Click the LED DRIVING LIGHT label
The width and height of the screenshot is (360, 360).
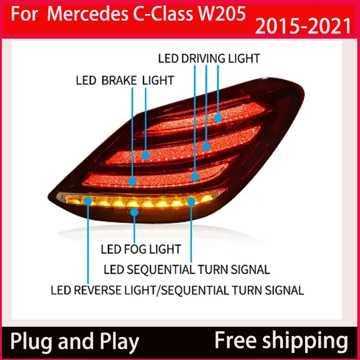209,58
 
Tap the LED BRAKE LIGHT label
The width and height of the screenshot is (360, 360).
125,81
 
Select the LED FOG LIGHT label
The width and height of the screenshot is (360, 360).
140,248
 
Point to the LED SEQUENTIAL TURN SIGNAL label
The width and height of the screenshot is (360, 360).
186,270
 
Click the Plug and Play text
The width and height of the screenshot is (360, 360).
75,342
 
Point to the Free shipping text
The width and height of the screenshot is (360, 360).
281,341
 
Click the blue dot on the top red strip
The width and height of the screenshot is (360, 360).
218,118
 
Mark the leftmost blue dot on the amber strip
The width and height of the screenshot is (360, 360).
88,201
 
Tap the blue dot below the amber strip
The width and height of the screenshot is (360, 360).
133,212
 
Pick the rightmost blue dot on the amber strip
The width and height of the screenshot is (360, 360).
191,201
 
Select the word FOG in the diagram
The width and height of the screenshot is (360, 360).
139,248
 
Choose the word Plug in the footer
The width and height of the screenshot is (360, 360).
29,342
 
